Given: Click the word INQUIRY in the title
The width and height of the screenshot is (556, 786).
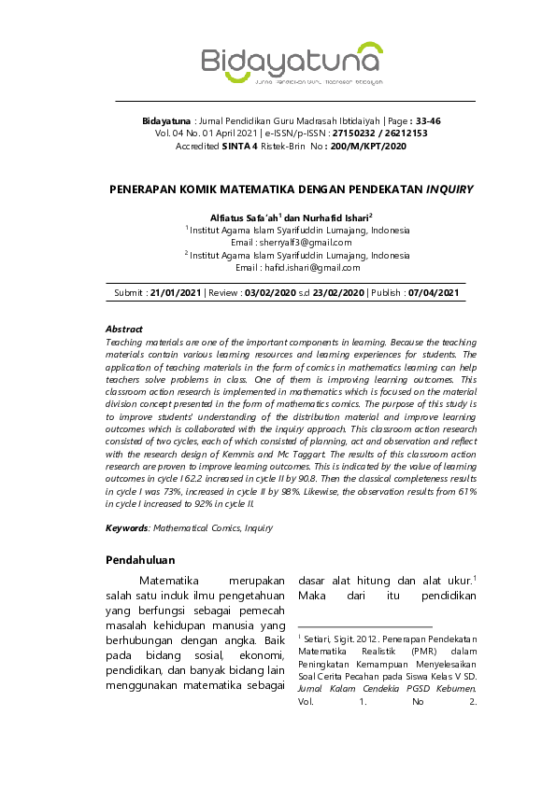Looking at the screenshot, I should tap(449, 189).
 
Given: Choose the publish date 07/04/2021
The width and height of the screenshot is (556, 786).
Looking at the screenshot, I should tap(434, 293).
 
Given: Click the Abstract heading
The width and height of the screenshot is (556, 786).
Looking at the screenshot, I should tap(123, 330).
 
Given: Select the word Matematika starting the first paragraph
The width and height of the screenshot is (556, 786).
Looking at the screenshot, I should tap(170, 581).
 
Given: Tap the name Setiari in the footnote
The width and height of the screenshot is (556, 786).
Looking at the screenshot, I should tap(320, 637).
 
